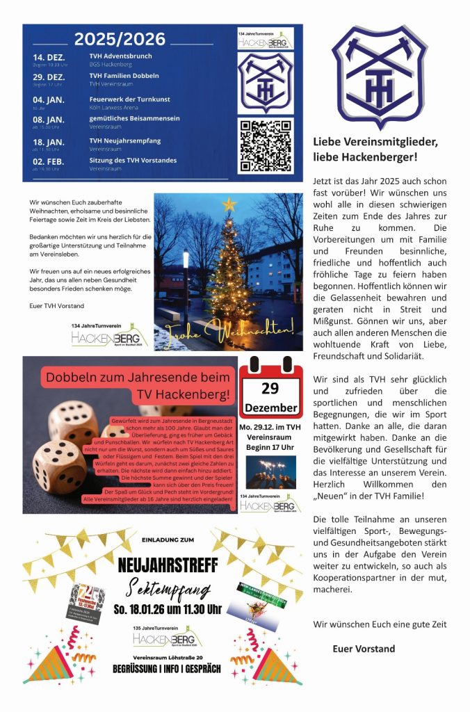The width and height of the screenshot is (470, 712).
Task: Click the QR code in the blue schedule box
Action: tap(265, 146)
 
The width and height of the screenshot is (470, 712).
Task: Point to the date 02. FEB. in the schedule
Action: tap(49, 161)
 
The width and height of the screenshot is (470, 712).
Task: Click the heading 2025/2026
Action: tap(120, 38)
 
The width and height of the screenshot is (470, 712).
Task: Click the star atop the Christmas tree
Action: tap(229, 204)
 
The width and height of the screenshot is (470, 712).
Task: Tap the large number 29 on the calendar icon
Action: tap(270, 388)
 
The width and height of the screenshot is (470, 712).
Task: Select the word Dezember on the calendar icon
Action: tap(270, 407)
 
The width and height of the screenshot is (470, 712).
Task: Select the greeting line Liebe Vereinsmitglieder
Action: tap(375, 142)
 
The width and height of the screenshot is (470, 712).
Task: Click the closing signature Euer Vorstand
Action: tap(364, 649)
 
